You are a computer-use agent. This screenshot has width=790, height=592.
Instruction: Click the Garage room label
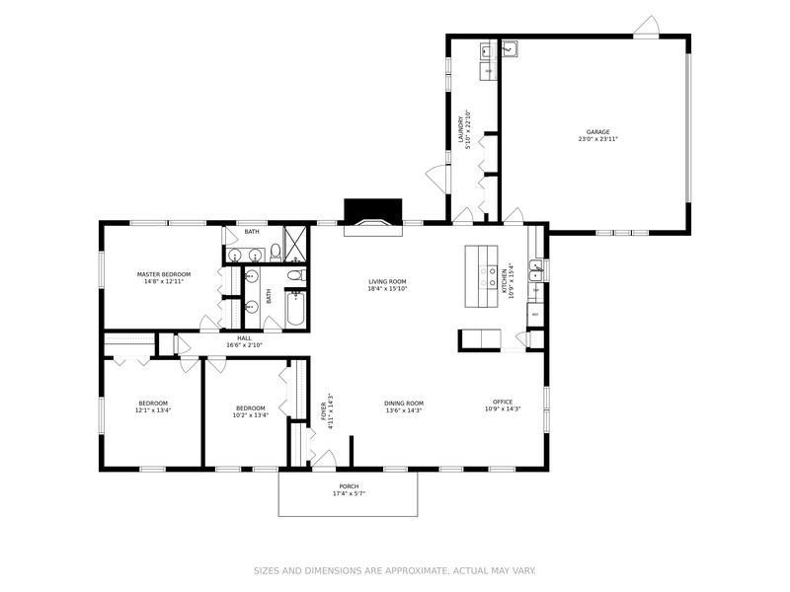pos(597,131)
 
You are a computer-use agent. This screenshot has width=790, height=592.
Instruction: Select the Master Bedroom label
pos(163,273)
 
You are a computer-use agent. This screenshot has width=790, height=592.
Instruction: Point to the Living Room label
pos(387,281)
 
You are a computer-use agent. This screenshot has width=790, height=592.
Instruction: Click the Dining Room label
pos(403,403)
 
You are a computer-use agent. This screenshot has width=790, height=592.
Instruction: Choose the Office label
pos(503,401)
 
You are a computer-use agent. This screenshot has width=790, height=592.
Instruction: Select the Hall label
pos(244,337)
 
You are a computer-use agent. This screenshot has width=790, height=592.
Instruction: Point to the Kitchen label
pos(505,280)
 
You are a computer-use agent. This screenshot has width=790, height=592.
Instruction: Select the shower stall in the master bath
pos(294,242)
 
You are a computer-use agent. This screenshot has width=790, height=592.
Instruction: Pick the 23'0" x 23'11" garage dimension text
pos(597,139)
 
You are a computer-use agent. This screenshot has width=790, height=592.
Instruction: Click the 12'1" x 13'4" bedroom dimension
pos(153,410)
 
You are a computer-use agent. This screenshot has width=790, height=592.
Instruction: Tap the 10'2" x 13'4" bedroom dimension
pos(251,415)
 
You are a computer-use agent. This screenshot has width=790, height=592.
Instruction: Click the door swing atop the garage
pos(646,27)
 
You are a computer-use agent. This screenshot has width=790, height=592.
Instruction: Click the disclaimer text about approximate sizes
pos(394,570)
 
